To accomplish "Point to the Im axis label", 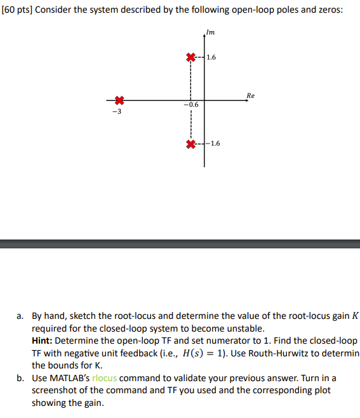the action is pyautogui.click(x=211, y=32).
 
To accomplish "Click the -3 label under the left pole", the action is pyautogui.click(x=115, y=111).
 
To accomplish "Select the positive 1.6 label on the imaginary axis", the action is pyautogui.click(x=211, y=57).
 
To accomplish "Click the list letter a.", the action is pyautogui.click(x=20, y=315).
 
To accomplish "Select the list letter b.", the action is pyautogui.click(x=20, y=378).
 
